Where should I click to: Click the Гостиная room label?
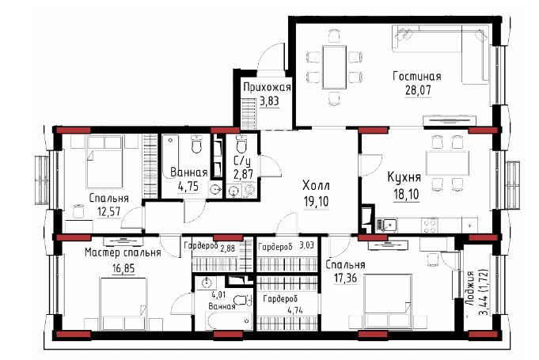point(417,76)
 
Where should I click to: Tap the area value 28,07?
point(418,90)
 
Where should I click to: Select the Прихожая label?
point(267,87)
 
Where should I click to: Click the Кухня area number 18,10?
point(406,195)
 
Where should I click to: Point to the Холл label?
point(316,185)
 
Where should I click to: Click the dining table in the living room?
point(334,67)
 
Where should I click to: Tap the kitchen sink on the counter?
point(389,225)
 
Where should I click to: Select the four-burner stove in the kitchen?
point(430,225)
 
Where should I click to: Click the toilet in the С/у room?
point(241,144)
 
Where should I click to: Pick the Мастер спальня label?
point(123,253)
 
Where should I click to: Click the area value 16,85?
point(123,268)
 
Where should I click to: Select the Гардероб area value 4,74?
point(295,310)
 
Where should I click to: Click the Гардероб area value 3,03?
point(306,245)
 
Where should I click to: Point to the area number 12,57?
point(109,211)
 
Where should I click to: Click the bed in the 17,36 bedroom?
point(388,301)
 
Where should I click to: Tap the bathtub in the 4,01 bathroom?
point(230,321)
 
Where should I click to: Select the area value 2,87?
point(243,174)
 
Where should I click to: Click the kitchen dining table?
point(447,163)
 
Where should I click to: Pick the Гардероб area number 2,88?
point(228,248)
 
